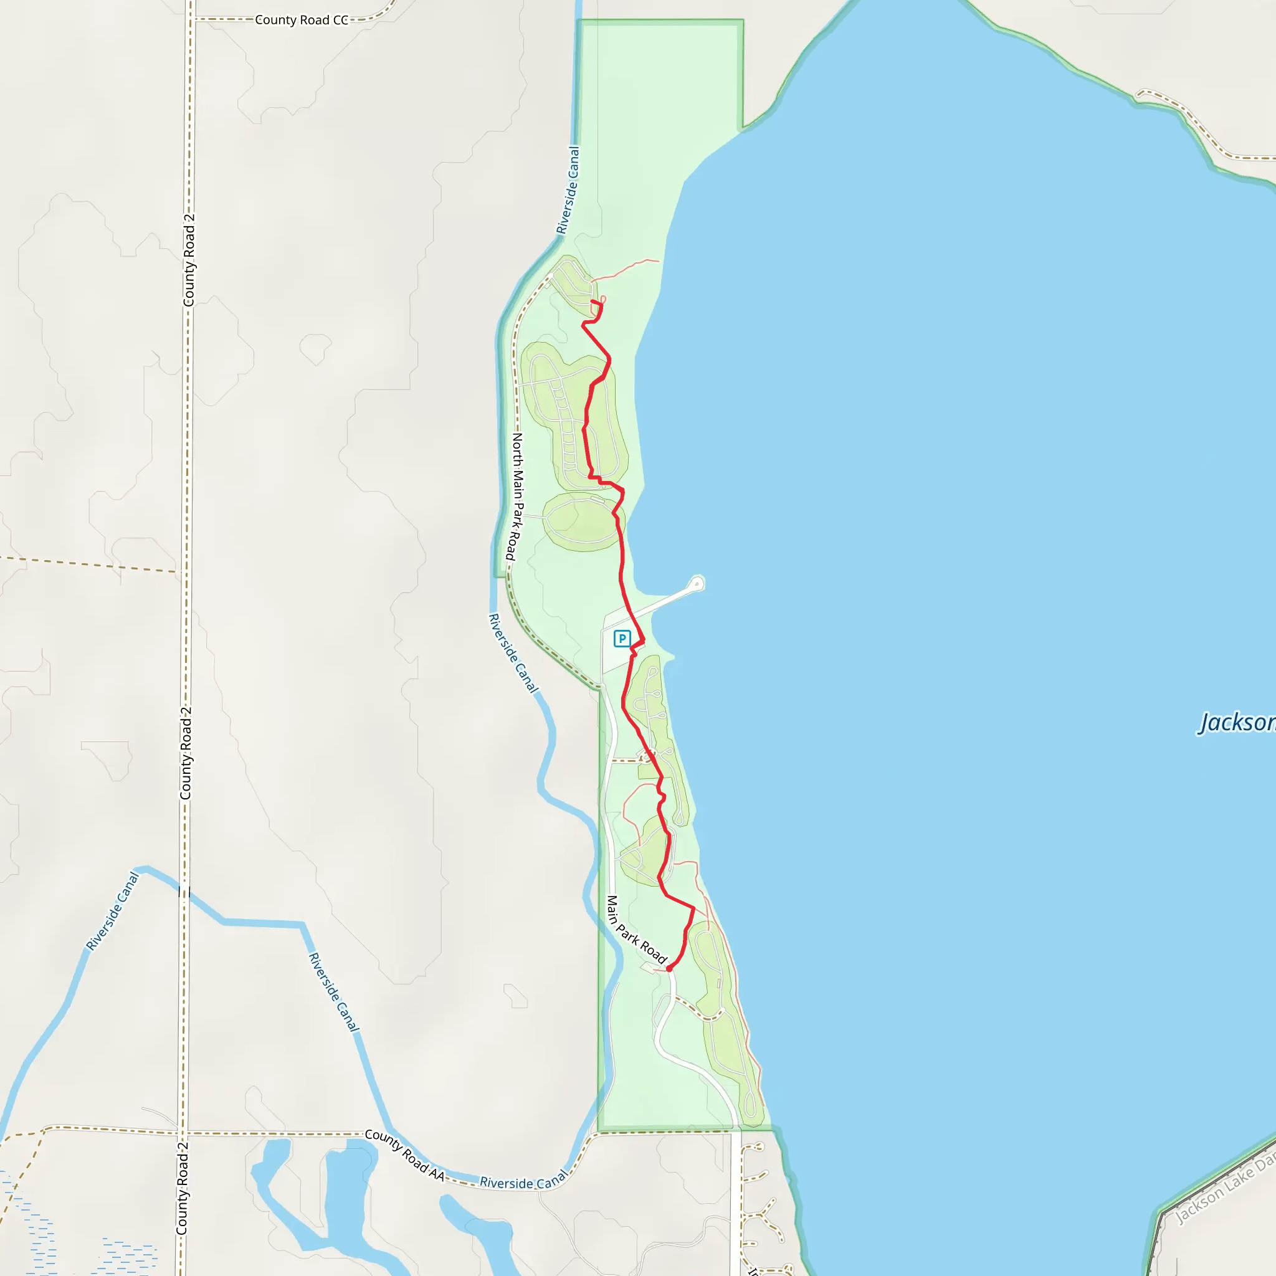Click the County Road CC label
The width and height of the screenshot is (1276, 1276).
(301, 20)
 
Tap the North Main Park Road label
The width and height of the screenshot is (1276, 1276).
(515, 496)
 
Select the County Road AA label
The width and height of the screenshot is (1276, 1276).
(404, 1154)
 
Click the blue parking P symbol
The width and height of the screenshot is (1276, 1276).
(621, 638)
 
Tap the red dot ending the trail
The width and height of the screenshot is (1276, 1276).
(669, 969)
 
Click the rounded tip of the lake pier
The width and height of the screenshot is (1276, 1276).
(697, 583)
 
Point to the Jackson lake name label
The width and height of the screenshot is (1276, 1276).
(1236, 723)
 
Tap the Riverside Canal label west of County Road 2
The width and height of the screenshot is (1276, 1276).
(113, 911)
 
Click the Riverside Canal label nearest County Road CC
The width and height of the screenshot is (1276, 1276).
(568, 190)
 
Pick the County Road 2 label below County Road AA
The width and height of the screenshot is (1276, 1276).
(183, 1188)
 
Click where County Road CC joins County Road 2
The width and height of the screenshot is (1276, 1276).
(191, 19)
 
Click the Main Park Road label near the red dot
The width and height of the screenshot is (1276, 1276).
(636, 929)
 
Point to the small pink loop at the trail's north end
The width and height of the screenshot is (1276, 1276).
(602, 300)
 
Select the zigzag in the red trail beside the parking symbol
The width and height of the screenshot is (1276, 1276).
(636, 647)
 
